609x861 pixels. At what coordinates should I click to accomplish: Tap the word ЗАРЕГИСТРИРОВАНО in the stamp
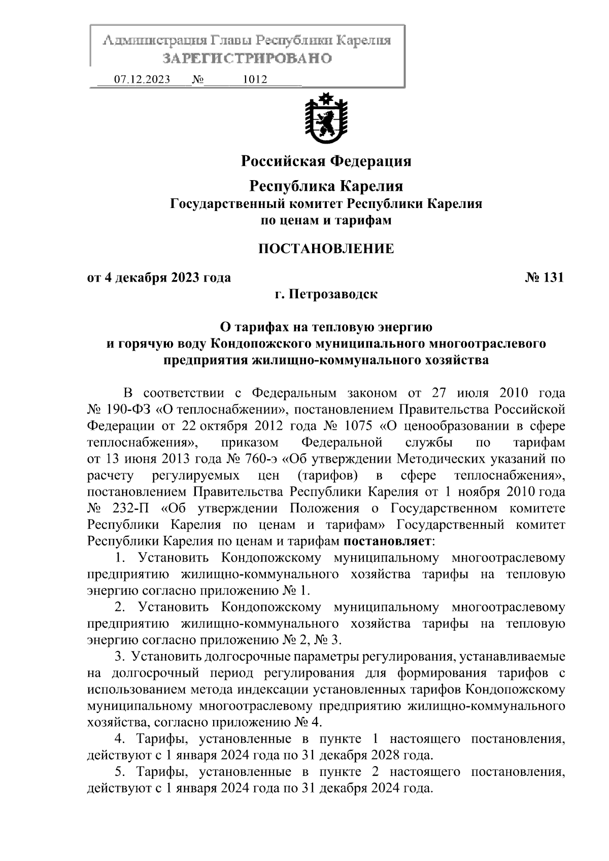pos(247,58)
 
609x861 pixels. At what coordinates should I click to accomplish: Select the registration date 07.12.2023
pos(142,80)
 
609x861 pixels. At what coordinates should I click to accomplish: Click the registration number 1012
pos(255,80)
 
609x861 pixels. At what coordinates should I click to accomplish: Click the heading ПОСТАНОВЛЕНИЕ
pos(326,249)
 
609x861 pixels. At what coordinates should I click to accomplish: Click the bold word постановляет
pos(386,541)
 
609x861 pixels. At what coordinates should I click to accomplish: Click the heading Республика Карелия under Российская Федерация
pos(326,186)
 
